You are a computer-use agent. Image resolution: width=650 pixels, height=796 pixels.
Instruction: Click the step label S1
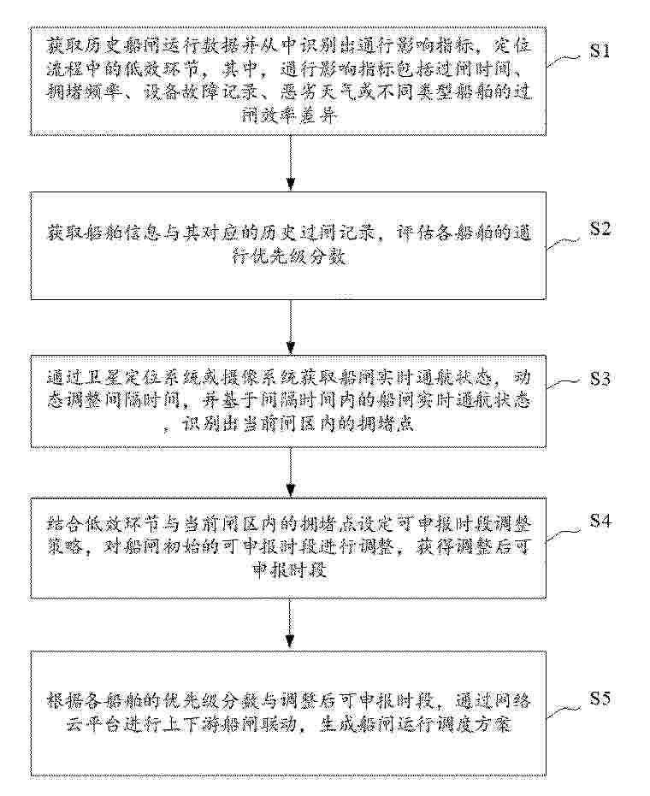pyautogui.click(x=599, y=51)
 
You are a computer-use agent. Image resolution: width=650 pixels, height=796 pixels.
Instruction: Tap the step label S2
pyautogui.click(x=599, y=228)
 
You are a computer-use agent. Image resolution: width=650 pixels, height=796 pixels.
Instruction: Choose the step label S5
pyautogui.click(x=599, y=699)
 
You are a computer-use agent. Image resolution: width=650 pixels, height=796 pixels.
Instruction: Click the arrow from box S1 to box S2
pyautogui.click(x=292, y=162)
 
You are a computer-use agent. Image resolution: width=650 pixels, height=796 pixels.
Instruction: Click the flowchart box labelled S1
pyautogui.click(x=292, y=81)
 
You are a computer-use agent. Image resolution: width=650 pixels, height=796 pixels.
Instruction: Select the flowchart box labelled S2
pyautogui.click(x=292, y=245)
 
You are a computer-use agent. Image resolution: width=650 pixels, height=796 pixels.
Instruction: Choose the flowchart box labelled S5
pyautogui.click(x=292, y=714)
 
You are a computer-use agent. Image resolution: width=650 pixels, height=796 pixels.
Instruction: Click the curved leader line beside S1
pyautogui.click(x=564, y=62)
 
